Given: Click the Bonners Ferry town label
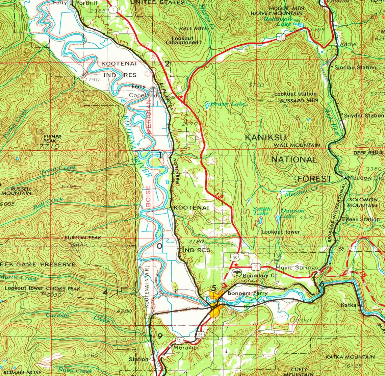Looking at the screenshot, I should tap(247, 293).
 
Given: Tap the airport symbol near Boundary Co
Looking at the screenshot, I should tap(237, 272).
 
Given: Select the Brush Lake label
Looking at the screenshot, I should tap(227, 104).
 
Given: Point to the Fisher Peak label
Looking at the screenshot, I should tap(52, 139).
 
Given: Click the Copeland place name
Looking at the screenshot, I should tap(143, 96).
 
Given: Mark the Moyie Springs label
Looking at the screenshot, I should tap(297, 268).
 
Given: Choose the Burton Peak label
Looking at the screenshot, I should tap(83, 238).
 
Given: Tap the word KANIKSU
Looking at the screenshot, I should tap(265, 137).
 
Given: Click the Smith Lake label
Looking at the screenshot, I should tap(262, 211).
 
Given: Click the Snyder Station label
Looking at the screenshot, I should tap(363, 116).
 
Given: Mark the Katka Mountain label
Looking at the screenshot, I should tap(350, 357).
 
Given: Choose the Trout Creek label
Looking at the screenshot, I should tap(58, 170).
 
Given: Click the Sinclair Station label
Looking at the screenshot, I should tap(355, 68).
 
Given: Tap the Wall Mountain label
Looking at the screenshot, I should tap(297, 145).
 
